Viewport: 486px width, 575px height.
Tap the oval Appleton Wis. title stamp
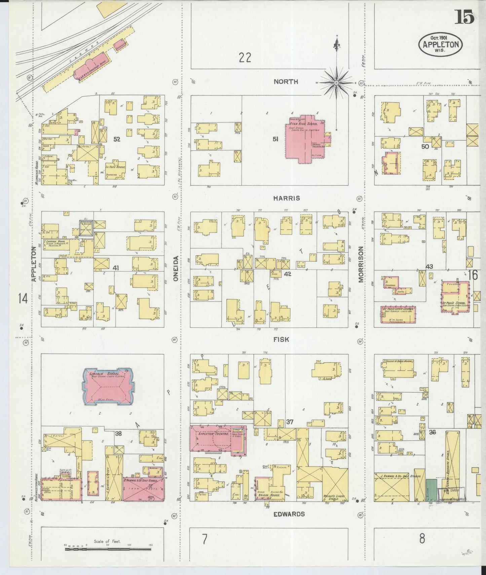440,44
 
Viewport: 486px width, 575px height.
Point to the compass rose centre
336,82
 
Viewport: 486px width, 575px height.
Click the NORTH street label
286,82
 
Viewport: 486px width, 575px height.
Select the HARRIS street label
287,198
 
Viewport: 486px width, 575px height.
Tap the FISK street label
281,340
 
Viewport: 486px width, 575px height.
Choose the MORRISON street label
361,264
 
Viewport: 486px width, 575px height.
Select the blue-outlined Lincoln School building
107,385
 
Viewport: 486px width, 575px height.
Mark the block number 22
245,57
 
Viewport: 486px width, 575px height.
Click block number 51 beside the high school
275,139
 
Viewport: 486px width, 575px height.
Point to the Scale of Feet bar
108,549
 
